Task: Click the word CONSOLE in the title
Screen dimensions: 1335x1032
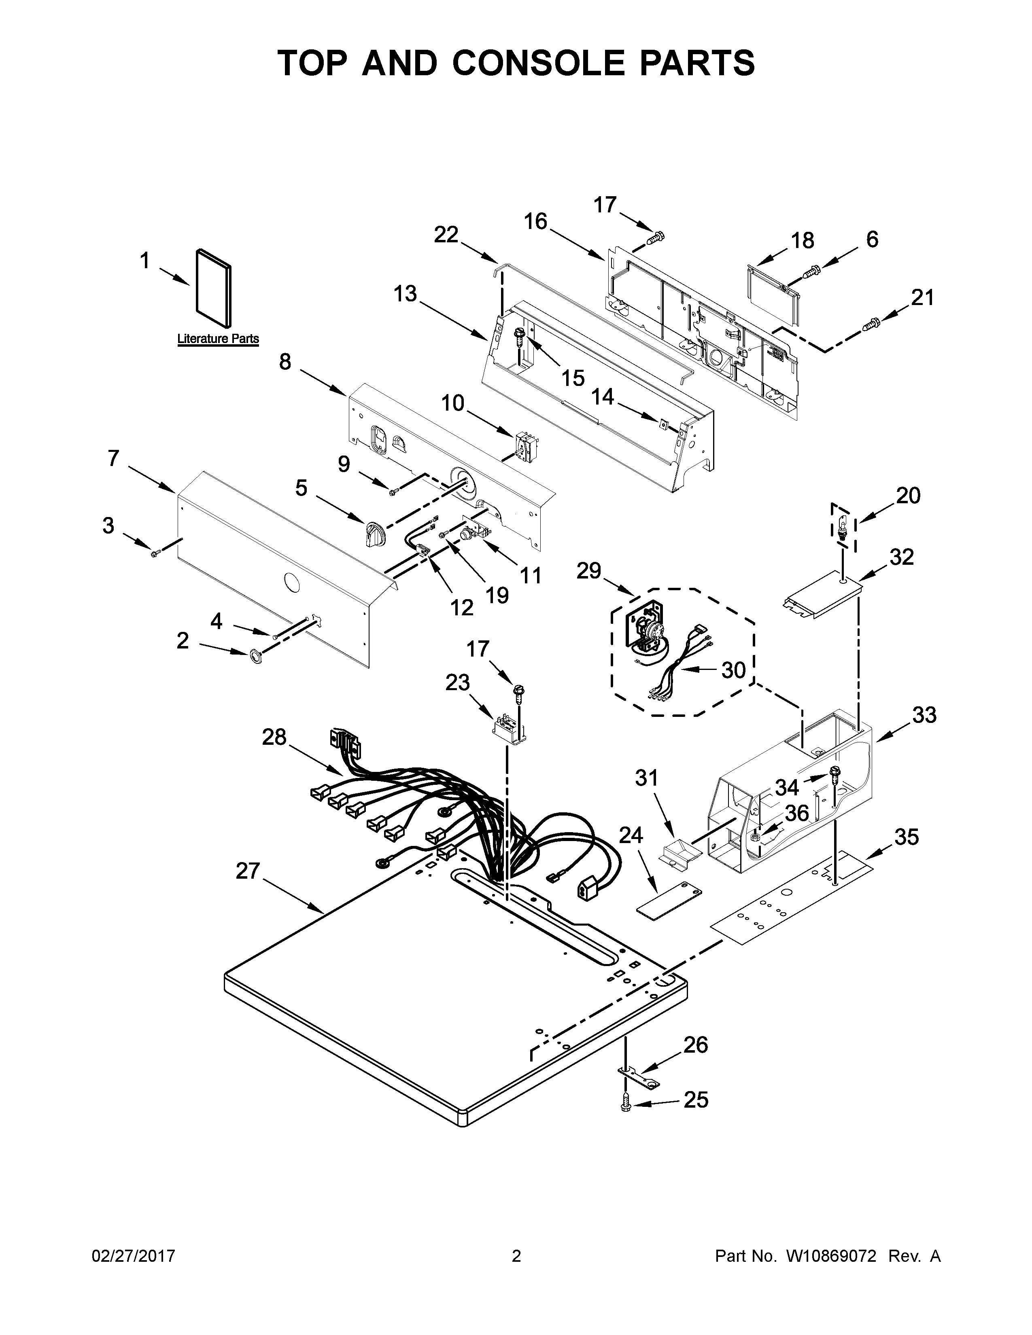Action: tap(539, 63)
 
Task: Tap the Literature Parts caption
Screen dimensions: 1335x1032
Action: tap(218, 339)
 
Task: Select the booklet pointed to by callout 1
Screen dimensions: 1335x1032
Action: tap(213, 288)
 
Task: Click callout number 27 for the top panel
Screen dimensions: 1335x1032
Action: tap(248, 871)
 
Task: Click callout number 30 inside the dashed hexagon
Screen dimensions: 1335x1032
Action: tap(733, 670)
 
